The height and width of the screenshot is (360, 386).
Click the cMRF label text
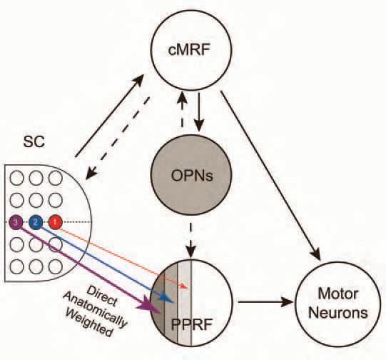[190, 49]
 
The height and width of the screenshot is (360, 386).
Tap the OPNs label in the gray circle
[192, 176]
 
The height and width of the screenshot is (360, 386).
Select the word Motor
[337, 294]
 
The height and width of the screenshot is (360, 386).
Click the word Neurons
[338, 312]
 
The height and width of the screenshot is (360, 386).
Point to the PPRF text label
[191, 325]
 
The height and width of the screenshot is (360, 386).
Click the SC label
[34, 141]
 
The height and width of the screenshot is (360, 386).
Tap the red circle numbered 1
[55, 222]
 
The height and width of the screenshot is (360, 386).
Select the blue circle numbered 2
[36, 222]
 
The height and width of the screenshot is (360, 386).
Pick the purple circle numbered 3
[16, 222]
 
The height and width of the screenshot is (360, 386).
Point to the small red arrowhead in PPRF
[185, 286]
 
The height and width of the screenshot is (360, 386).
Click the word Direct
[101, 296]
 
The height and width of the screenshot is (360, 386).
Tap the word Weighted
[89, 323]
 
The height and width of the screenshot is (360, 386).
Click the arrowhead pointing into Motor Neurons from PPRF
[288, 301]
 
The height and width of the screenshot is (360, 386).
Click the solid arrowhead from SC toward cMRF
[138, 80]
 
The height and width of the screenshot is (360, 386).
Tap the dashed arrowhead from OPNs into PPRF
[191, 251]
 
